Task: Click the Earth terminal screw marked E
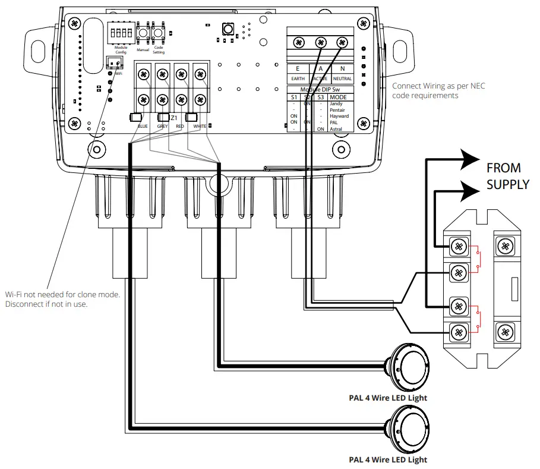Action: (300, 42)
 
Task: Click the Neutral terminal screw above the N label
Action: (342, 42)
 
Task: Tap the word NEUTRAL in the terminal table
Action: (342, 78)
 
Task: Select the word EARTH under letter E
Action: (298, 78)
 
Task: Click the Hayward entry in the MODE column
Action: (339, 116)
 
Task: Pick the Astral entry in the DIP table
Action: (336, 128)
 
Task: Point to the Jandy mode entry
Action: (336, 104)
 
